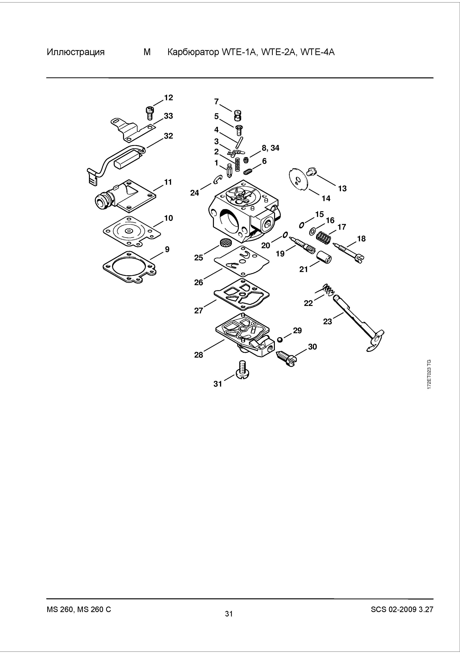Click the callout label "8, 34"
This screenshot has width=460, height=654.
point(270,148)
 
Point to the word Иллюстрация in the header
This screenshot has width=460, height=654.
point(76,52)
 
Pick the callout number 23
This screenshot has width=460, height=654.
point(327,321)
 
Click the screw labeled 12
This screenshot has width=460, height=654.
point(150,113)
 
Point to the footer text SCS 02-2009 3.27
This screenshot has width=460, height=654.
point(402,609)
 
